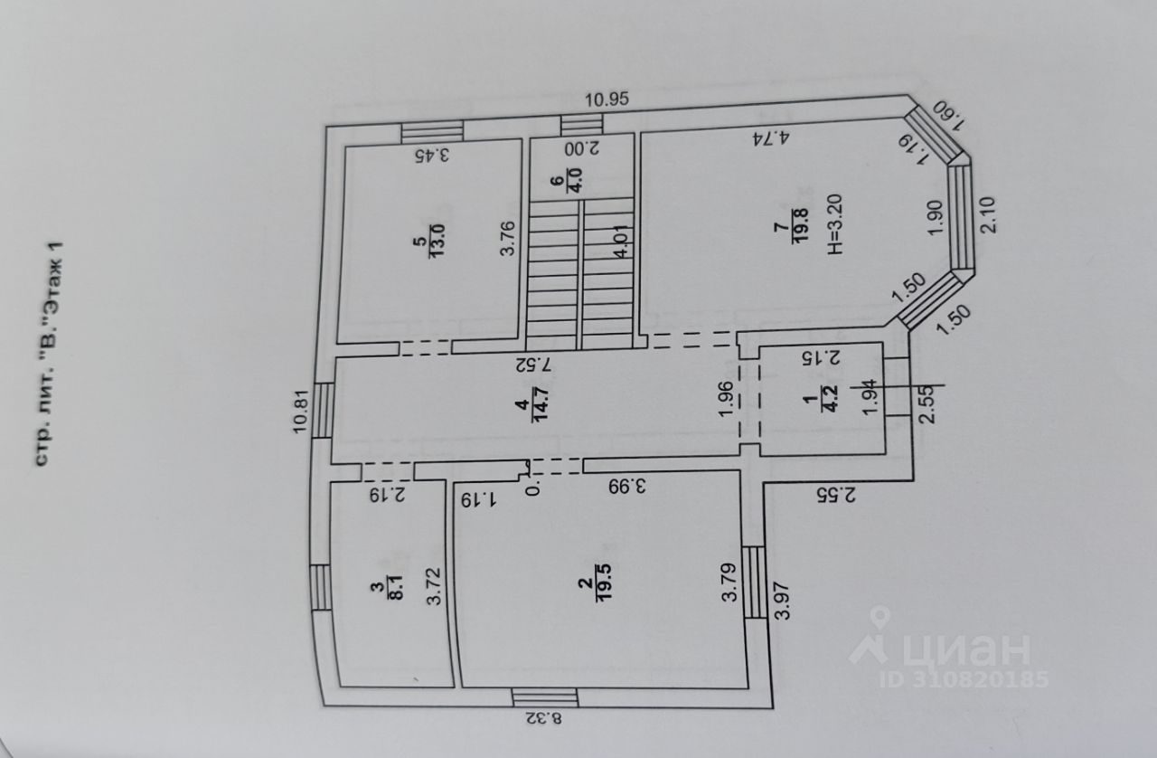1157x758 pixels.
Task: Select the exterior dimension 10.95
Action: pos(606,99)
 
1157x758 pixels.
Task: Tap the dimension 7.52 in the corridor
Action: pos(533,365)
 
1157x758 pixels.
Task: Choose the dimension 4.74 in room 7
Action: pos(771,138)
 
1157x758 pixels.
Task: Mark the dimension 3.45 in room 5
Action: pos(432,155)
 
